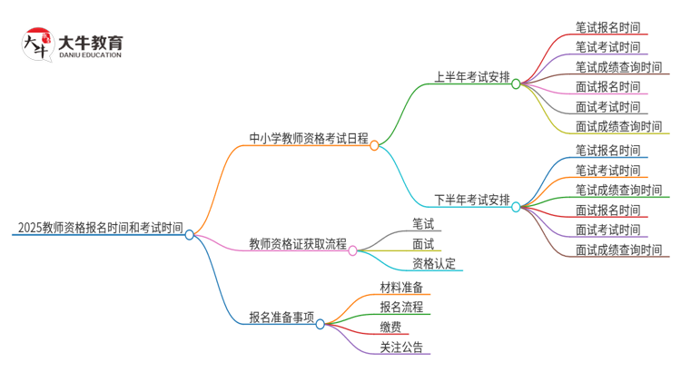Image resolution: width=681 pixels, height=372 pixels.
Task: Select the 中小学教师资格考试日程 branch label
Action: coord(309,139)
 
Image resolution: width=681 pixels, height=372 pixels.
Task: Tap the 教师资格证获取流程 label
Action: coord(298,243)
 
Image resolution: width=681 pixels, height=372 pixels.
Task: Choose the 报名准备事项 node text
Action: coord(281,318)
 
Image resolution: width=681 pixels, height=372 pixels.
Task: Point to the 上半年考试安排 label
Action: coord(471,77)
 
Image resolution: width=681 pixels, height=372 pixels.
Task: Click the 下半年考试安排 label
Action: coord(471,200)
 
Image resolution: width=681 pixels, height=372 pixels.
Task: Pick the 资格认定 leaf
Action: coord(434,264)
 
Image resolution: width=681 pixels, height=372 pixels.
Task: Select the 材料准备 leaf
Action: coord(401,288)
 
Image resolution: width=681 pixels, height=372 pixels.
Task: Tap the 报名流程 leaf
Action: coord(401,307)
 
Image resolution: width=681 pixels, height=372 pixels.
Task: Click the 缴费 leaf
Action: coord(391,327)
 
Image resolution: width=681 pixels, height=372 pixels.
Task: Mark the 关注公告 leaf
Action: coord(401,347)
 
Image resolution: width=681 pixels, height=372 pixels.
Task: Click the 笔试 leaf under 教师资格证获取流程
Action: coord(423,223)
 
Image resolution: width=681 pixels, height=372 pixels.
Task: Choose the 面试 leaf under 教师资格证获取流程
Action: coord(423,244)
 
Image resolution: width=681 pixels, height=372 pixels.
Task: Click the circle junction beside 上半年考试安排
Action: coord(516,83)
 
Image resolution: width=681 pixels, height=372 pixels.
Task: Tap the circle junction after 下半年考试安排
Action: coord(516,207)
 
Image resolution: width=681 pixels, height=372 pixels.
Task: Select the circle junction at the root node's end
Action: coord(189,234)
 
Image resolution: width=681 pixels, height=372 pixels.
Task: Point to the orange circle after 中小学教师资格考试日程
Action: coord(374,145)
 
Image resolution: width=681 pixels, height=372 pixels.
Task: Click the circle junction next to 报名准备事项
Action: coord(320,324)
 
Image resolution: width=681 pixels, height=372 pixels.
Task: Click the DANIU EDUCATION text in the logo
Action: coord(89,55)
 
